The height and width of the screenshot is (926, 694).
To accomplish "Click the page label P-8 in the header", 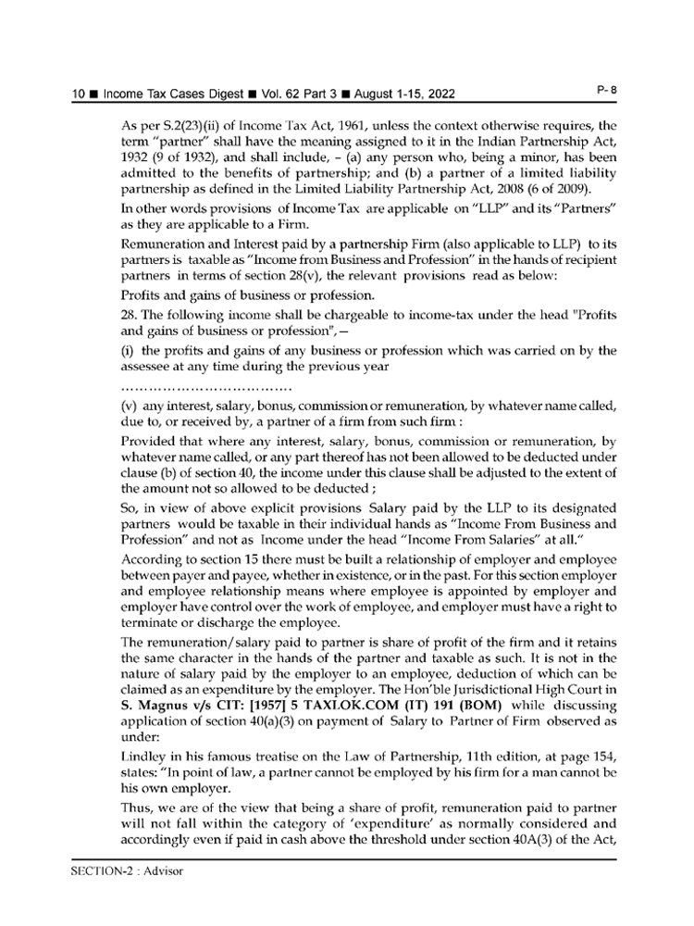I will (607, 89).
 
